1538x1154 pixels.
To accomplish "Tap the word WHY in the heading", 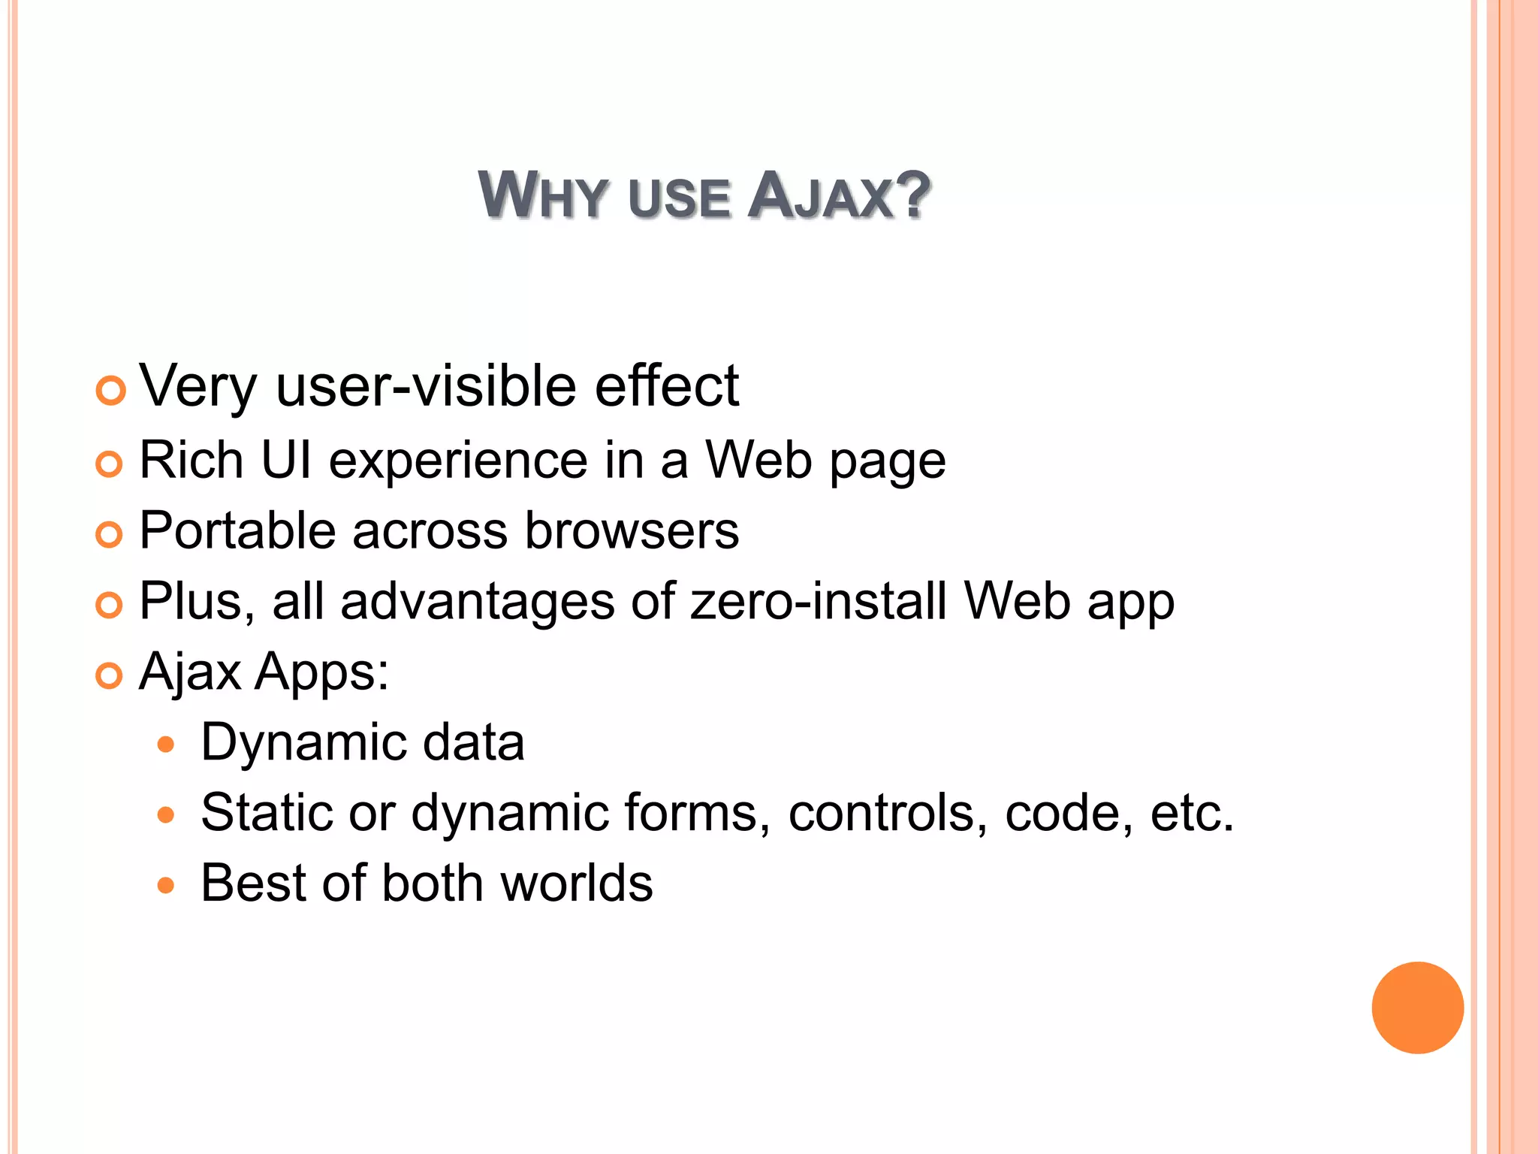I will point(542,196).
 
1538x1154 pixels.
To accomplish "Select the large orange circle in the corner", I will point(1417,1007).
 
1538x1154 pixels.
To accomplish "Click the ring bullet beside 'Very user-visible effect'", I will point(111,391).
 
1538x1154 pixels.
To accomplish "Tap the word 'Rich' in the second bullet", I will point(191,460).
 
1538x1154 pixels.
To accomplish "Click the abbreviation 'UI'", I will point(286,460).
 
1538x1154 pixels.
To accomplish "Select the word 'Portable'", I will point(237,530).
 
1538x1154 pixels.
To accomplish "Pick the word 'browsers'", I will point(632,530).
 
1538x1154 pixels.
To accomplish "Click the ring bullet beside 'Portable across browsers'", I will point(110,535).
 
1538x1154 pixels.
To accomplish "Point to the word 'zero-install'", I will point(819,601).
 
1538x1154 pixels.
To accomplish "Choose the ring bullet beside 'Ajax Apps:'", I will point(110,676).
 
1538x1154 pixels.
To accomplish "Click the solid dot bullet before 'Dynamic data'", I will point(166,745).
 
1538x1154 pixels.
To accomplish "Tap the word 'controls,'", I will point(888,813).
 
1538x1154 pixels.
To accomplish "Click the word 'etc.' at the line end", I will point(1192,813).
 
